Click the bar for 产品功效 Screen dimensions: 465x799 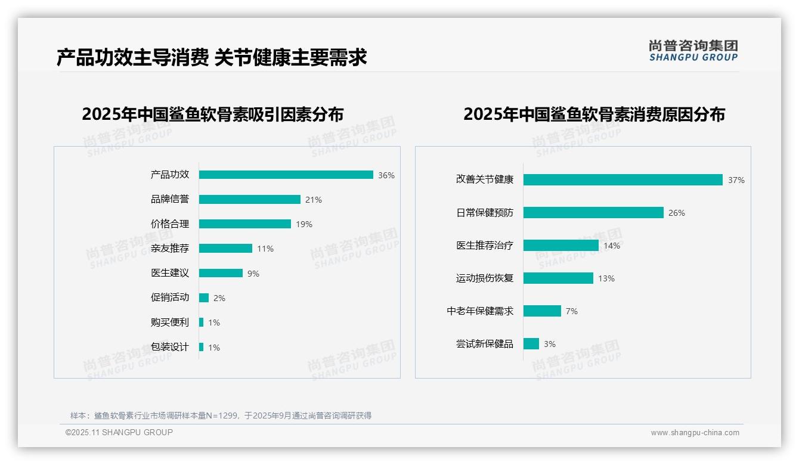286,175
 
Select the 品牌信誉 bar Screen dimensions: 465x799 250,200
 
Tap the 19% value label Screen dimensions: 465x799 304,224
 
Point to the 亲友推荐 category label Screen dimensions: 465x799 170,249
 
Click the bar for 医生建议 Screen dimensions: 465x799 221,273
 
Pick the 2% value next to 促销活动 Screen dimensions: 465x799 219,298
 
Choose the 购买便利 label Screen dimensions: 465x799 170,323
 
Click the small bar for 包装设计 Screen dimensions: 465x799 202,347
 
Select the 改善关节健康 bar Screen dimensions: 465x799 623,180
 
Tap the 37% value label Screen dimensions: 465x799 736,180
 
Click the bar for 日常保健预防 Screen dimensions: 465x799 593,213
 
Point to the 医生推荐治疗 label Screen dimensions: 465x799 485,246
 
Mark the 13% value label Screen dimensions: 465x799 606,278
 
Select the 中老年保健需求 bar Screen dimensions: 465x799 542,311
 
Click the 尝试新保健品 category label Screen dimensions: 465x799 485,344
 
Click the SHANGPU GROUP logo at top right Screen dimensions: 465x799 693,51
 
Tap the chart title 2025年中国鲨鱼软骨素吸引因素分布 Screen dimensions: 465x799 213,114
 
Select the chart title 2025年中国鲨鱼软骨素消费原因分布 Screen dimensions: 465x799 594,114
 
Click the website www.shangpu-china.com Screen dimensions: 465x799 695,433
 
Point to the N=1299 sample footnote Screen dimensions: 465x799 221,416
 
